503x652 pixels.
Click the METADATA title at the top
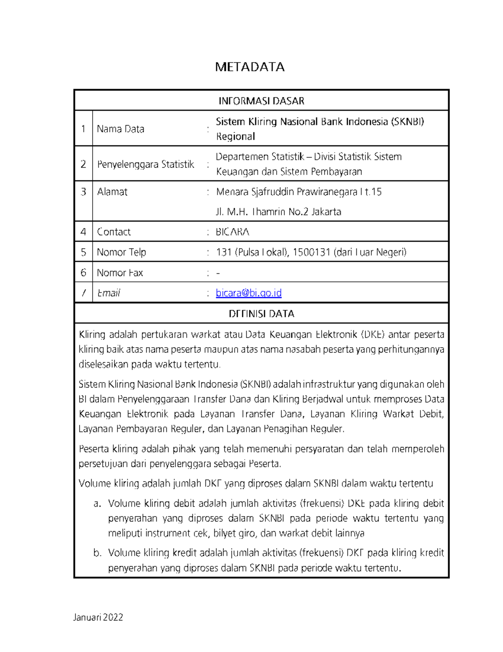click(250, 67)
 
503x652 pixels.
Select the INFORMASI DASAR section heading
click(261, 101)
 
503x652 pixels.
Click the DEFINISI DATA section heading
click(261, 314)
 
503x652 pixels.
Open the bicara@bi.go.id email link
click(249, 293)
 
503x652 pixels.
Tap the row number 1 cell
click(83, 129)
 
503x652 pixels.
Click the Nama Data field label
click(120, 129)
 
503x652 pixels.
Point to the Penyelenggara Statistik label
click(145, 164)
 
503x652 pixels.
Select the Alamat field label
click(112, 192)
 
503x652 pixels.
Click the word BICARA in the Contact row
click(233, 232)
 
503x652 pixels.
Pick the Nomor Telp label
click(121, 252)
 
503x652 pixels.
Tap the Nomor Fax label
click(120, 273)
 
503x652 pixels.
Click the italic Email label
click(109, 293)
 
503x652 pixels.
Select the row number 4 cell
click(83, 232)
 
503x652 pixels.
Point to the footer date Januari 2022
click(98, 617)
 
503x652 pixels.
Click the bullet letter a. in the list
click(97, 503)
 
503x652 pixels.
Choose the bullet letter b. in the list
click(97, 553)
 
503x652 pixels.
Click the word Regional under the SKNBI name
click(235, 136)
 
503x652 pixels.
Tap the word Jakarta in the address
click(326, 212)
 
